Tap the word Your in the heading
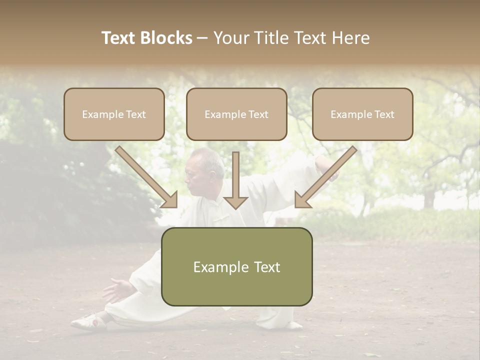(228, 38)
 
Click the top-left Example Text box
(114, 114)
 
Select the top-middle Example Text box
(236, 114)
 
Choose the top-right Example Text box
(362, 114)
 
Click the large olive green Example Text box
(236, 266)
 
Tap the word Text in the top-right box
(384, 114)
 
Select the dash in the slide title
(202, 38)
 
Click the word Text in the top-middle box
(258, 114)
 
